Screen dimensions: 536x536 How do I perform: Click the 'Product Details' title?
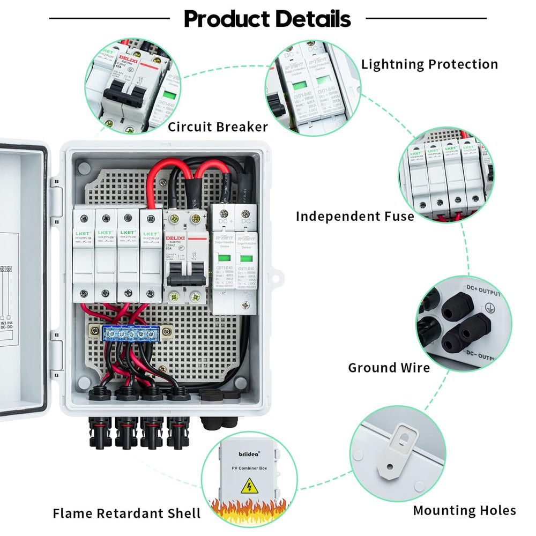267,19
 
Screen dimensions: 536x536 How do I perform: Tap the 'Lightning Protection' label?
429,64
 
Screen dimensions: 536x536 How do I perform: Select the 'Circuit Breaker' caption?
218,127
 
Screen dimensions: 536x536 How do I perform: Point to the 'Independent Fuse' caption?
355,216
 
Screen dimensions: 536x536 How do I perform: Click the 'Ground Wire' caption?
389,368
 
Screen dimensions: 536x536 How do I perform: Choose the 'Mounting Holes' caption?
464,510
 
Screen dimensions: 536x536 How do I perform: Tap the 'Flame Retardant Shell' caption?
126,513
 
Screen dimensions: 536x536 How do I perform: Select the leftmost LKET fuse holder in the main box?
84,257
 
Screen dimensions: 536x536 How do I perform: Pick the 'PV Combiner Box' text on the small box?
249,469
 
